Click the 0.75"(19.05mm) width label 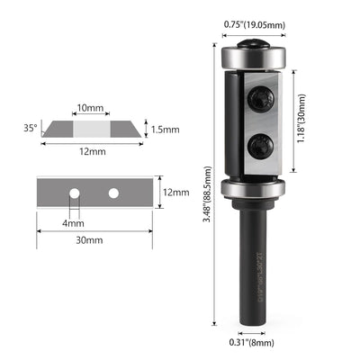click(255, 24)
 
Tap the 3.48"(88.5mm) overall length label click(208, 194)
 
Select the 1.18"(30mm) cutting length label click(301, 119)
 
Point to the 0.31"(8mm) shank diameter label click(252, 342)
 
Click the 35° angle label click(31, 128)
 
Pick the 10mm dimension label click(90, 107)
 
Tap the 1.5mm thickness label click(166, 130)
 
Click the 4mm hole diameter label click(74, 223)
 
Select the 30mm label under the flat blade click(89, 240)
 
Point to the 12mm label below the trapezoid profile click(93, 151)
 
